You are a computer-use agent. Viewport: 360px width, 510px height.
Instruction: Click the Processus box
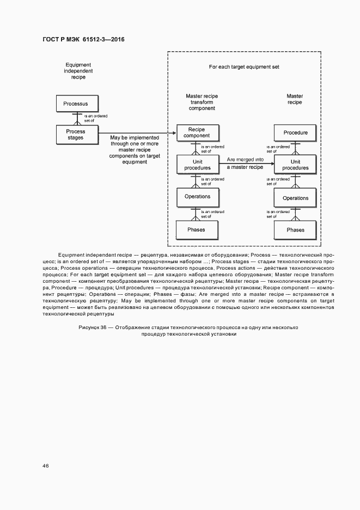(x=77, y=103)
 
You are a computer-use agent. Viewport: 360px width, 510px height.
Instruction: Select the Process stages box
(x=77, y=134)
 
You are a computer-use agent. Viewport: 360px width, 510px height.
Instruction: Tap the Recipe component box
(x=197, y=132)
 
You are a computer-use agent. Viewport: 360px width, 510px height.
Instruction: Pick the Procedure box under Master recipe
(x=295, y=132)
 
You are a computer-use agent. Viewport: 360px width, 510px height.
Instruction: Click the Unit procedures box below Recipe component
(x=197, y=165)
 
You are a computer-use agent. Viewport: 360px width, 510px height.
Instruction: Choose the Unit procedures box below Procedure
(x=295, y=165)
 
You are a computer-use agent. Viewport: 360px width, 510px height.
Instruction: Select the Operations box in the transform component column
(x=197, y=196)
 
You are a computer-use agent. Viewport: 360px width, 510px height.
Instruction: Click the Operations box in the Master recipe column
(x=295, y=198)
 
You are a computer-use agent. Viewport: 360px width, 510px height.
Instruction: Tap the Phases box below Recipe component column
(x=197, y=229)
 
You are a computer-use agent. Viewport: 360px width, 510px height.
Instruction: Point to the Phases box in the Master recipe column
(x=295, y=229)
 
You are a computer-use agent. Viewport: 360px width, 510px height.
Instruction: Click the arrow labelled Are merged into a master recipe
(x=245, y=165)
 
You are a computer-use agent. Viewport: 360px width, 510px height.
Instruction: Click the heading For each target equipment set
(x=244, y=67)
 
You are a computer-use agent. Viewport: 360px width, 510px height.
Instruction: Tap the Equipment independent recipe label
(x=78, y=71)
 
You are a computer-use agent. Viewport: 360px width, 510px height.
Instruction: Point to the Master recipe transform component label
(x=202, y=102)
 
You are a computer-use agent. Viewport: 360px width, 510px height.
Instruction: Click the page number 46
(x=46, y=466)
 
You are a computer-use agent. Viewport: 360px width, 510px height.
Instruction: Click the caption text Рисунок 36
(x=93, y=327)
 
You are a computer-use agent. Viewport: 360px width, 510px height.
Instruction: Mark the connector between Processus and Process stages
(x=77, y=117)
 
